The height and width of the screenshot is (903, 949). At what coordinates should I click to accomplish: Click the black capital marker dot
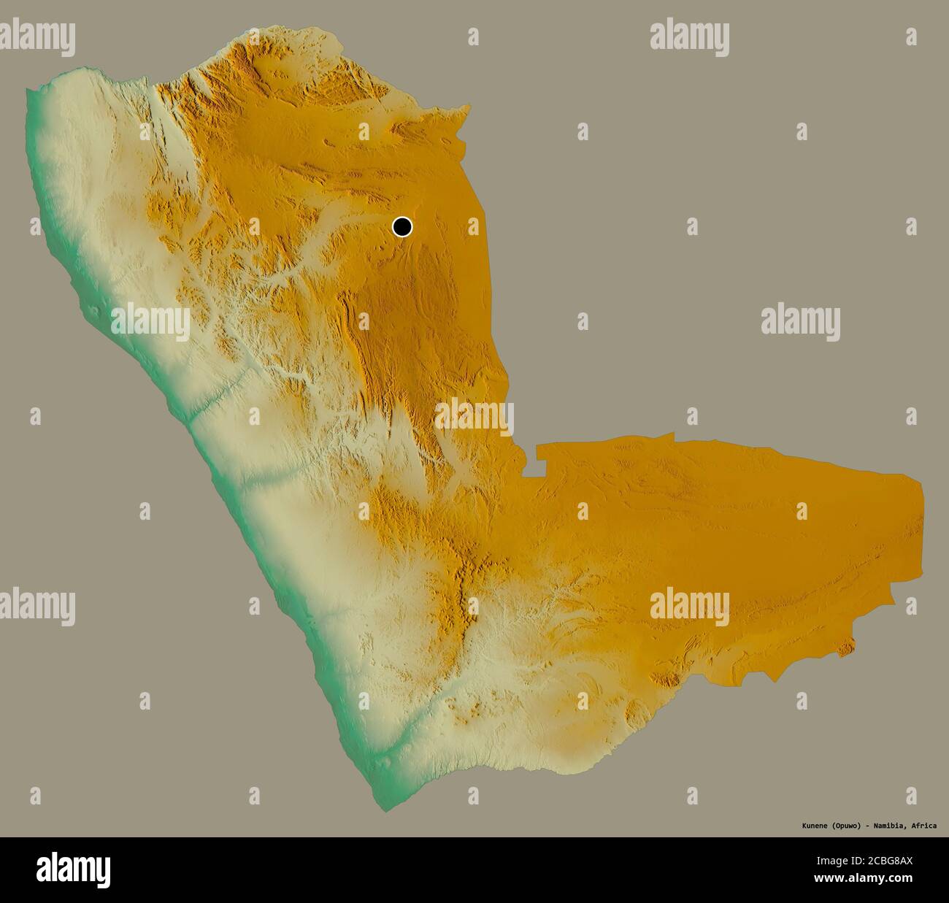tap(402, 227)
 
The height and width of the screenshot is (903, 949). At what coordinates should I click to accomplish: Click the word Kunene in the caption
tap(810, 826)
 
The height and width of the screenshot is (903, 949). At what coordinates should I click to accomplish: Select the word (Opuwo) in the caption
tap(845, 826)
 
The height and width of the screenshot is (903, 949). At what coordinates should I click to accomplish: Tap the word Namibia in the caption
tap(890, 826)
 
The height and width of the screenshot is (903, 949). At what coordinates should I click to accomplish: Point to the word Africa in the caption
tap(924, 826)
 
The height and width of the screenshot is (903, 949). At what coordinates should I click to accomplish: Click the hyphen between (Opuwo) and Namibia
tap(868, 826)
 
